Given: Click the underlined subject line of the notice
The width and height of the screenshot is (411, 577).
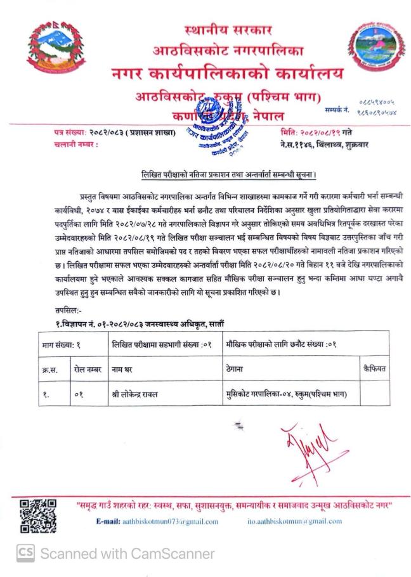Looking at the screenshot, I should point(229,174).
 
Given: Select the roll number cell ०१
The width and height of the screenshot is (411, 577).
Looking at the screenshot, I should point(78,394).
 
